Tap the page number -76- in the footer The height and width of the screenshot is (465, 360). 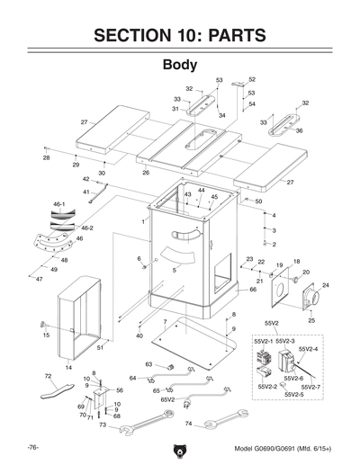(x=31, y=447)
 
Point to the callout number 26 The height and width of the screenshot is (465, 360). (x=146, y=173)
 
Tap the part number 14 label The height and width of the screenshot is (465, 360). (x=68, y=368)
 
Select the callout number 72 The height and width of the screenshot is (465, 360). (x=48, y=376)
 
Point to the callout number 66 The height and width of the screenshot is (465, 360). (x=253, y=290)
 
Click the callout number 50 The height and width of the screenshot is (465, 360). (x=258, y=201)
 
